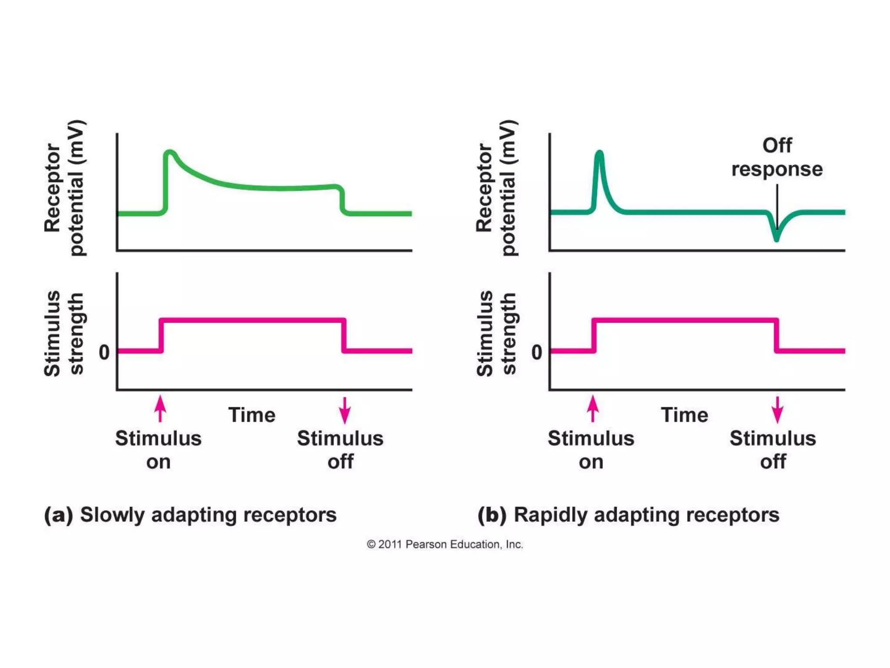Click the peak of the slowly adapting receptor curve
[170, 152]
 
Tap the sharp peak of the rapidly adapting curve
[600, 153]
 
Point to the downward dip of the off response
[776, 237]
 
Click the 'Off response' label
[777, 157]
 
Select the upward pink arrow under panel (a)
[160, 408]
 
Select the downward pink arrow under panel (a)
[345, 410]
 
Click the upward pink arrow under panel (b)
[593, 408]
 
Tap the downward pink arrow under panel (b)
[777, 410]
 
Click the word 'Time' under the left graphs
[252, 415]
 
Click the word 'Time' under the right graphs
[684, 415]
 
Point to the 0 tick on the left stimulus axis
[104, 352]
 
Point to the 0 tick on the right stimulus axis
[537, 352]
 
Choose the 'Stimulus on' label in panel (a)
[158, 450]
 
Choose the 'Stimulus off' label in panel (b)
[773, 450]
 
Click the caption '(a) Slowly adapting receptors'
[190, 515]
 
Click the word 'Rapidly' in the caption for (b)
[550, 515]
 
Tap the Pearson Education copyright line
[445, 544]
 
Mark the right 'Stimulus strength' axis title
[496, 333]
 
